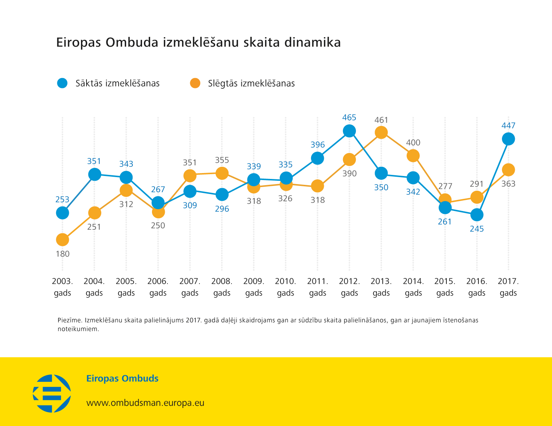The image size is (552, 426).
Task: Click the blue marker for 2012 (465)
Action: click(x=349, y=131)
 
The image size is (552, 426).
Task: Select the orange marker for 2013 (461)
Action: click(x=381, y=133)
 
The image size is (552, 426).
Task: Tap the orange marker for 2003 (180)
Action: click(x=63, y=240)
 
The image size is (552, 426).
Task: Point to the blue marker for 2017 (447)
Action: click(x=508, y=139)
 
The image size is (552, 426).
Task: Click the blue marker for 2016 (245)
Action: click(x=477, y=215)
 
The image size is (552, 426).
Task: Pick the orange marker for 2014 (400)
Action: click(x=413, y=156)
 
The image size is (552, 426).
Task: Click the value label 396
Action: click(x=318, y=145)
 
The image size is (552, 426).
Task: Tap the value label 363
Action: click(x=508, y=184)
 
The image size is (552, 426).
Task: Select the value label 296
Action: click(x=222, y=209)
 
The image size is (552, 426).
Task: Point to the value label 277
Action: click(x=445, y=186)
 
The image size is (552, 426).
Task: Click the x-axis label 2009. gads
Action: click(x=254, y=287)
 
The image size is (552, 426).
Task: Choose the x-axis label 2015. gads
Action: click(x=445, y=287)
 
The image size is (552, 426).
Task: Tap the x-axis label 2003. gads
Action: click(x=63, y=287)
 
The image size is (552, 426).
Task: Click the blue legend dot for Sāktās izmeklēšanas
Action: click(x=63, y=83)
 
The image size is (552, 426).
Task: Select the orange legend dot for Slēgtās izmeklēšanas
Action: click(x=195, y=83)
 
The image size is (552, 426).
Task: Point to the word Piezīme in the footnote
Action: click(x=69, y=320)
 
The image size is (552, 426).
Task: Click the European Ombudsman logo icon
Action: click(x=52, y=393)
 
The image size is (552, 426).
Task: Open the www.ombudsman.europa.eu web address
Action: click(x=145, y=403)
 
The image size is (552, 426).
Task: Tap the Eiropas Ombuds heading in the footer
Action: click(x=122, y=379)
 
